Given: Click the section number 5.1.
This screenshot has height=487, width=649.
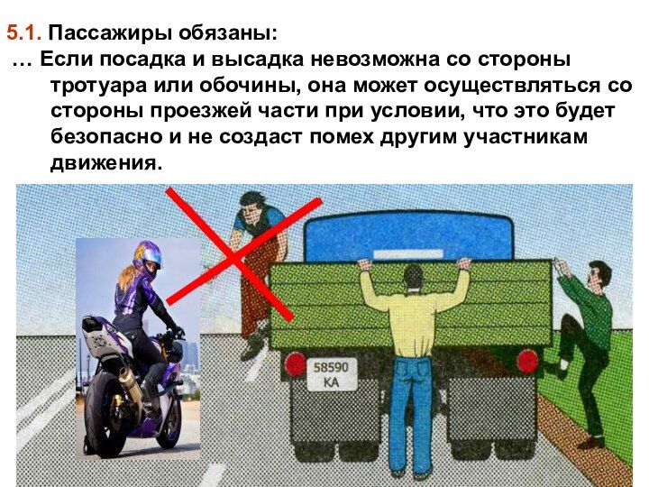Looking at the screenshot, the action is tap(23, 32).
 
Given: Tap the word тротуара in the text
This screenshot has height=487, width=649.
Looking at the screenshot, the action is tap(99, 87).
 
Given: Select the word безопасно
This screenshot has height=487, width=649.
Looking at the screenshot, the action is tap(106, 136).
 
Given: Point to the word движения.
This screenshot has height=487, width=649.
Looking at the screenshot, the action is tap(105, 162).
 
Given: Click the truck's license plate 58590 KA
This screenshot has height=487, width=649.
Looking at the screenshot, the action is tap(332, 374).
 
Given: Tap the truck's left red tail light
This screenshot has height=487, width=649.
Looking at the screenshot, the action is tap(294, 363).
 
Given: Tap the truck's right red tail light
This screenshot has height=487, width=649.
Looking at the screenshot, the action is tap(528, 361).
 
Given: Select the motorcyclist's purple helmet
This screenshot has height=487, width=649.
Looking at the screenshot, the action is tap(147, 257).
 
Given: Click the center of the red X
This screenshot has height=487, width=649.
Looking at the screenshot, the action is tap(234, 259).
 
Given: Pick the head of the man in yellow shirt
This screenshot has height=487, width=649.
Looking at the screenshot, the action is tap(414, 277).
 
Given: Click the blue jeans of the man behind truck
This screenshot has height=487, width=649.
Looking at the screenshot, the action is tap(411, 414).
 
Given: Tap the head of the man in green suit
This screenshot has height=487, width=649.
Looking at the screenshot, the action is tap(599, 275).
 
